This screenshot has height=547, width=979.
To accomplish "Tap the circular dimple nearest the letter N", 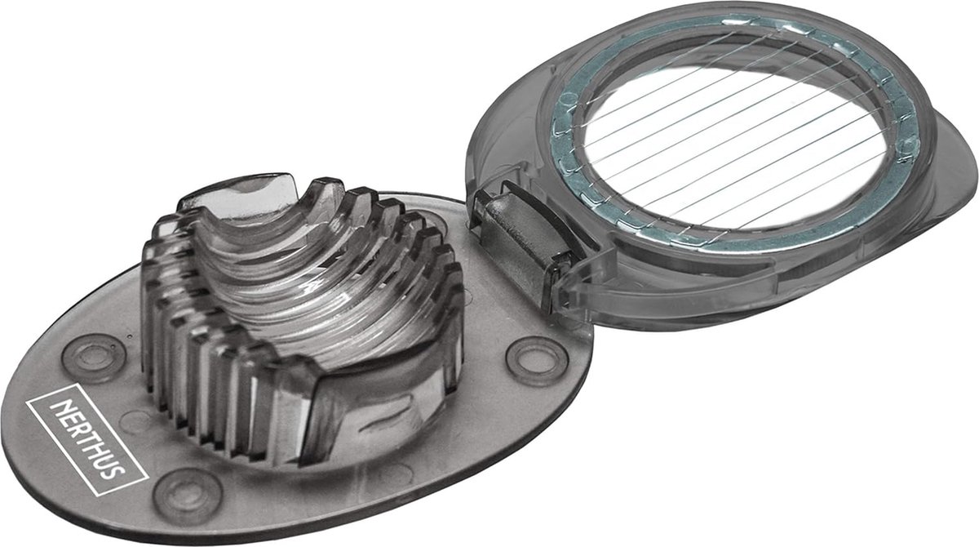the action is pos(94,358).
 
